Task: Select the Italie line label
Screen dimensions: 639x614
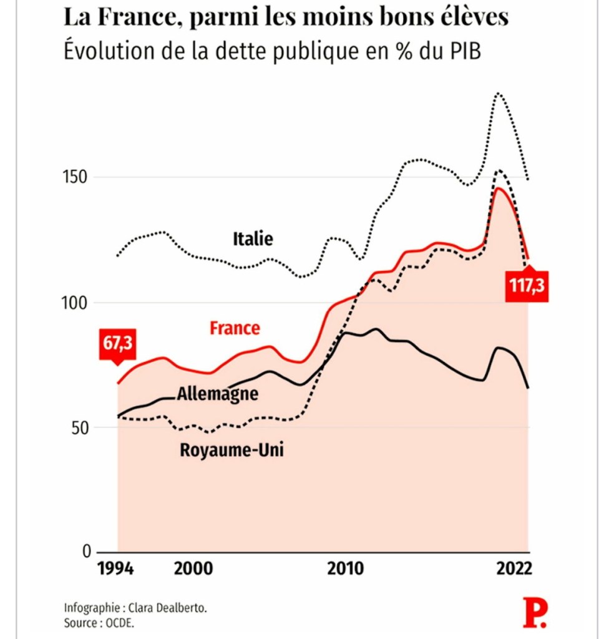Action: tap(253, 238)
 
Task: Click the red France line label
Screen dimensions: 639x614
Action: tap(235, 328)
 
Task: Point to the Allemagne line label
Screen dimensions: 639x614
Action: tap(217, 394)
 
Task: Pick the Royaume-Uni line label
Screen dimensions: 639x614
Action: tap(231, 449)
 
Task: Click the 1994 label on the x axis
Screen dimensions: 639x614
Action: tap(118, 569)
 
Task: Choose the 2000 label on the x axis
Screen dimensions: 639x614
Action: tap(193, 569)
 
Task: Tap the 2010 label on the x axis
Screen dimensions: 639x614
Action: tap(345, 569)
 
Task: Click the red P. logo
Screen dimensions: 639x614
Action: tap(535, 613)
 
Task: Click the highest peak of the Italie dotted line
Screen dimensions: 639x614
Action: tap(498, 93)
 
